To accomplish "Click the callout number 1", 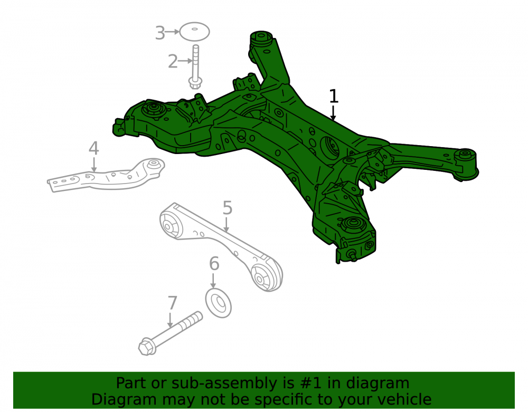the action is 333,96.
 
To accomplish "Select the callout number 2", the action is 173,62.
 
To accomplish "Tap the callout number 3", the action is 160,33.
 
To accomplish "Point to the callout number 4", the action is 93,148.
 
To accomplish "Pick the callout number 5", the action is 227,208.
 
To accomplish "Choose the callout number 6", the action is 214,264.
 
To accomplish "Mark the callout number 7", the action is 172,303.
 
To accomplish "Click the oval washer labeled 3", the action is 195,32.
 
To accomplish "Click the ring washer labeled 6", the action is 218,303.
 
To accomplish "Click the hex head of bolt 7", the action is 146,347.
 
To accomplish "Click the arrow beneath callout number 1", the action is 333,113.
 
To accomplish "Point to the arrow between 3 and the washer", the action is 173,32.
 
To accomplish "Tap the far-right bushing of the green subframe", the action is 466,164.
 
